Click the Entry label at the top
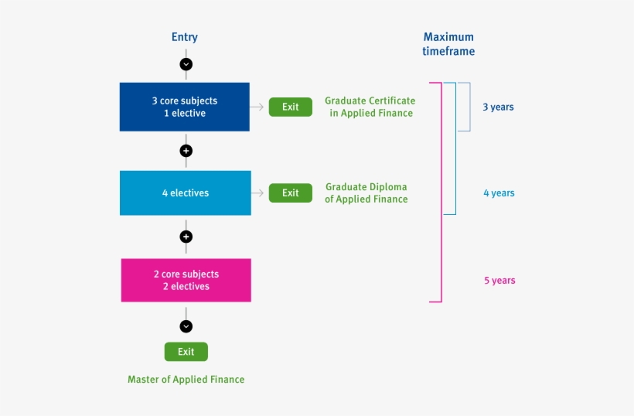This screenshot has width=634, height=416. pyautogui.click(x=185, y=37)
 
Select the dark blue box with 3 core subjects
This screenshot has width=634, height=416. pyautogui.click(x=185, y=107)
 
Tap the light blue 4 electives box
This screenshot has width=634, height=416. pyautogui.click(x=186, y=193)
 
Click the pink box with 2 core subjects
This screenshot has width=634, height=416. pyautogui.click(x=186, y=280)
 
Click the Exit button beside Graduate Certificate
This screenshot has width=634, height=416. pyautogui.click(x=290, y=107)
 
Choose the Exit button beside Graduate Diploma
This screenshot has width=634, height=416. pyautogui.click(x=290, y=193)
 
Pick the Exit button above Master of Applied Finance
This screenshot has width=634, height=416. pyautogui.click(x=186, y=352)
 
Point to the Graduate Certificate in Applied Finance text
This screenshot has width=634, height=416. pyautogui.click(x=370, y=107)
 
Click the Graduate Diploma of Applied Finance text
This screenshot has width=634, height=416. pyautogui.click(x=366, y=193)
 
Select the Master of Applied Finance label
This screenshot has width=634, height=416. pyautogui.click(x=186, y=380)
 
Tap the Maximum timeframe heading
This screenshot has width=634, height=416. pyautogui.click(x=448, y=44)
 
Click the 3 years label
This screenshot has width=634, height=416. pyautogui.click(x=498, y=107)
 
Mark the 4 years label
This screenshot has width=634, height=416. pyautogui.click(x=499, y=193)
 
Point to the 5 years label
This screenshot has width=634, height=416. pyautogui.click(x=499, y=281)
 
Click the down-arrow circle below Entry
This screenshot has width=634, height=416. pyautogui.click(x=186, y=64)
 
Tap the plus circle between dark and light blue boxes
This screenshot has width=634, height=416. pyautogui.click(x=186, y=151)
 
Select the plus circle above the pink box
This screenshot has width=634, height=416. pyautogui.click(x=186, y=237)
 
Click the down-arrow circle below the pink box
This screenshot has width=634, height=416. pyautogui.click(x=186, y=326)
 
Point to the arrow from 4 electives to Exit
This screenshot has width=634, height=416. pyautogui.click(x=259, y=193)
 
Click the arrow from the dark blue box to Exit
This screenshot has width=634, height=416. pyautogui.click(x=258, y=107)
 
